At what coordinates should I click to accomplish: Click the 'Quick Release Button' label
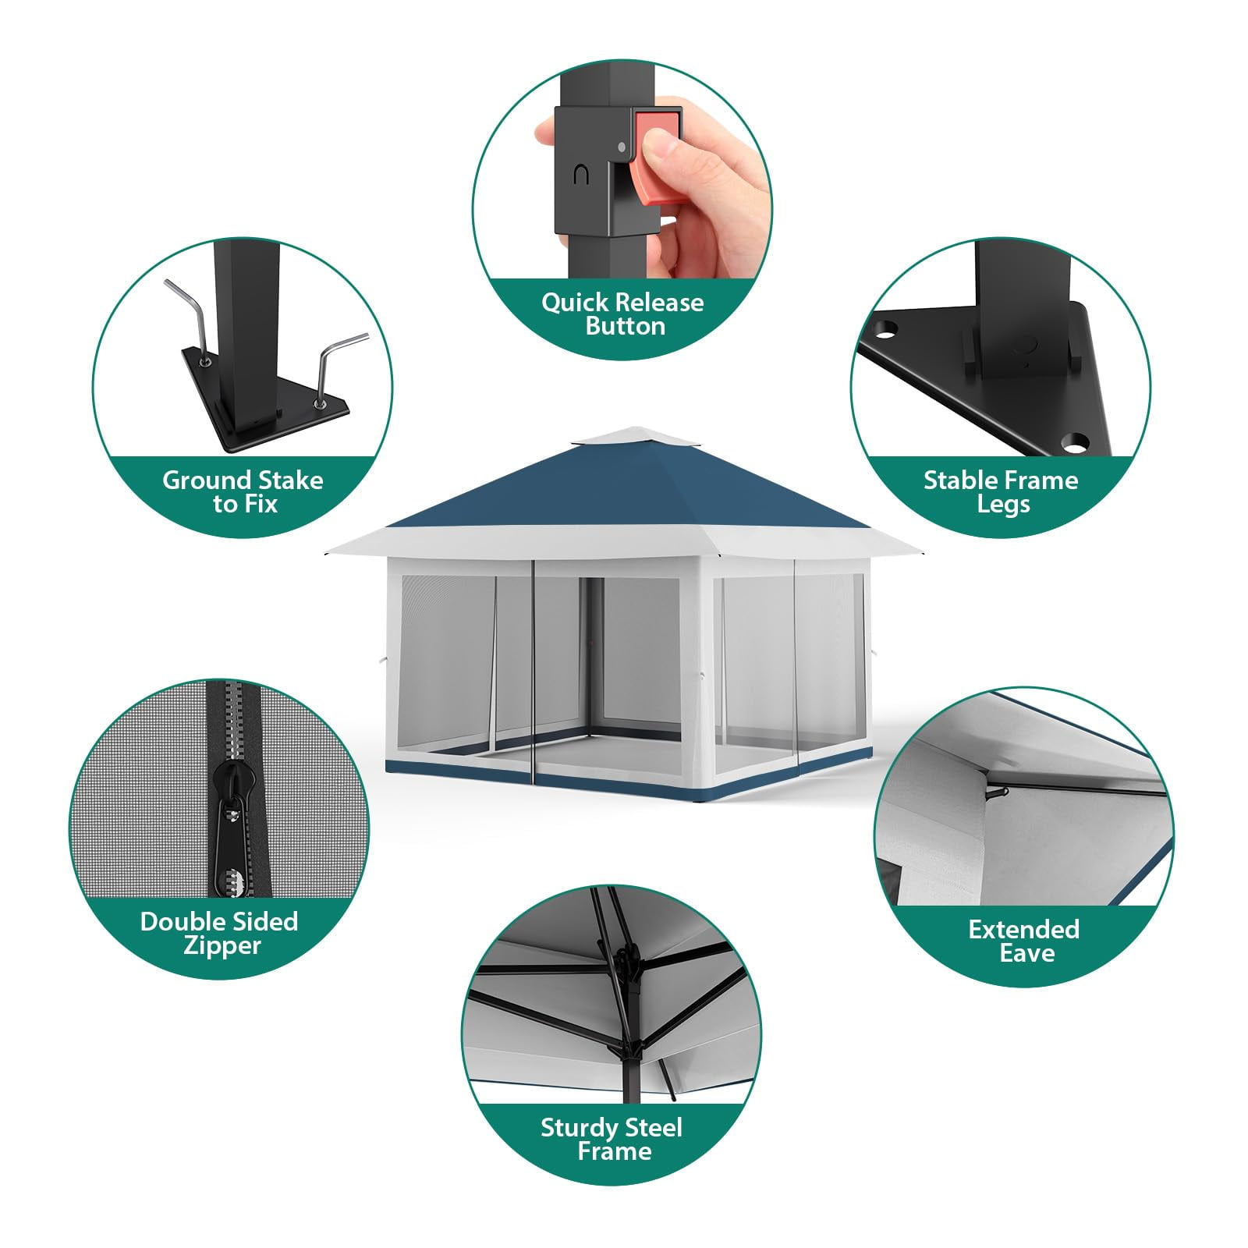point(622,314)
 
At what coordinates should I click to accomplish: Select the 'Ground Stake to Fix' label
point(243,491)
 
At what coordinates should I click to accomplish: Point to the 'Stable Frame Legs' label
point(1002,491)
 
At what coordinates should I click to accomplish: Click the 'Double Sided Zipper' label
point(219,933)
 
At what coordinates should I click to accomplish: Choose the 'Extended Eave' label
point(1024,941)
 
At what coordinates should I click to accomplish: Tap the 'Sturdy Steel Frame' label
point(612,1139)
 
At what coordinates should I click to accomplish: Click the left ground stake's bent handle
point(186,304)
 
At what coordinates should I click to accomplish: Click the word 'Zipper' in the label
point(222,945)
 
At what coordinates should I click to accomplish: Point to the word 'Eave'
point(1027,953)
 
